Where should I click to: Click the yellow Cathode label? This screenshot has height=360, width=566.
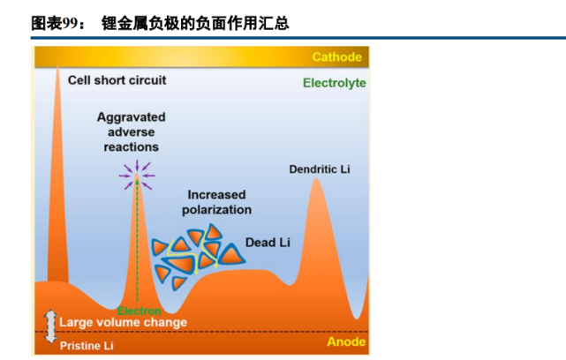[x=336, y=57]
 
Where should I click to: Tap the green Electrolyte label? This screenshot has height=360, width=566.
[x=335, y=83]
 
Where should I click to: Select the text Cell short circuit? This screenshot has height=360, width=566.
[x=117, y=80]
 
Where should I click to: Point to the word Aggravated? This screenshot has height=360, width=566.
[x=131, y=117]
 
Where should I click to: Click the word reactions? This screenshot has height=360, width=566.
[x=131, y=147]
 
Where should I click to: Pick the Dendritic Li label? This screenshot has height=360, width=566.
[x=320, y=169]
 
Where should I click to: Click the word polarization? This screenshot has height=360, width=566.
[x=216, y=210]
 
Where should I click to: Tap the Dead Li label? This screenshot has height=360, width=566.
[x=268, y=243]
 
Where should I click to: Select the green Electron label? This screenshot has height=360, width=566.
[x=139, y=311]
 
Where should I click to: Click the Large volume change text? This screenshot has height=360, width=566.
[x=123, y=322]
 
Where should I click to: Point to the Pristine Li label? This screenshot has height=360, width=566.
[x=87, y=346]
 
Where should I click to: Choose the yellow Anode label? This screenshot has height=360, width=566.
[x=346, y=341]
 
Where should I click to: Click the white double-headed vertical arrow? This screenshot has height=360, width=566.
[x=50, y=326]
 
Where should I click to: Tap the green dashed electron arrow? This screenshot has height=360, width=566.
[x=137, y=240]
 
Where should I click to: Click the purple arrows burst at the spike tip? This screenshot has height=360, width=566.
[x=137, y=176]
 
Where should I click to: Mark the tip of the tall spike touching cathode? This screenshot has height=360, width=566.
[x=57, y=67]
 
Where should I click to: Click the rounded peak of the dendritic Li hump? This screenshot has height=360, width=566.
[x=316, y=179]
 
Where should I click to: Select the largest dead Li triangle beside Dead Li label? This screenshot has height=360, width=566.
[x=231, y=255]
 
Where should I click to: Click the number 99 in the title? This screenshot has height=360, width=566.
[x=70, y=23]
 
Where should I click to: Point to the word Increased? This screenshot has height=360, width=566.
[x=216, y=195]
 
